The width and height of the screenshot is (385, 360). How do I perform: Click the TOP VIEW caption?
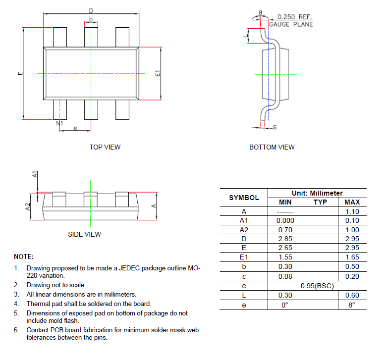click(x=105, y=147)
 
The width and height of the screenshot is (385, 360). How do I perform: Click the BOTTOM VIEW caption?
click(x=272, y=147)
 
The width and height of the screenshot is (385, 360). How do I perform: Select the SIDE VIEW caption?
click(x=84, y=234)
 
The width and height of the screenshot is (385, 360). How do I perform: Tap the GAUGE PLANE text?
click(x=291, y=24)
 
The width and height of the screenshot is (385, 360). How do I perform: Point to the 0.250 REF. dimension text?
click(x=294, y=16)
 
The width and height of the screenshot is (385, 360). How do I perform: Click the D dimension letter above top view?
click(x=91, y=10)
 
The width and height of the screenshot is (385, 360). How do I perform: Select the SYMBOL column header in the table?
click(x=244, y=198)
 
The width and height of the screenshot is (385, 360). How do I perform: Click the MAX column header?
click(x=352, y=202)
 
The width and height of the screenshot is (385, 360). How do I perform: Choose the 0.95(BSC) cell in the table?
click(x=317, y=286)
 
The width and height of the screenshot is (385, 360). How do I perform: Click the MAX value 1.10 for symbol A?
click(x=352, y=211)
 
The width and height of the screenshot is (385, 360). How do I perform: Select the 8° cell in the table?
click(x=352, y=305)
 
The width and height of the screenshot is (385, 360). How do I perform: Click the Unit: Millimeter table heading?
click(x=317, y=193)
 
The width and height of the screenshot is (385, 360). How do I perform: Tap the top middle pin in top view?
click(x=91, y=37)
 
